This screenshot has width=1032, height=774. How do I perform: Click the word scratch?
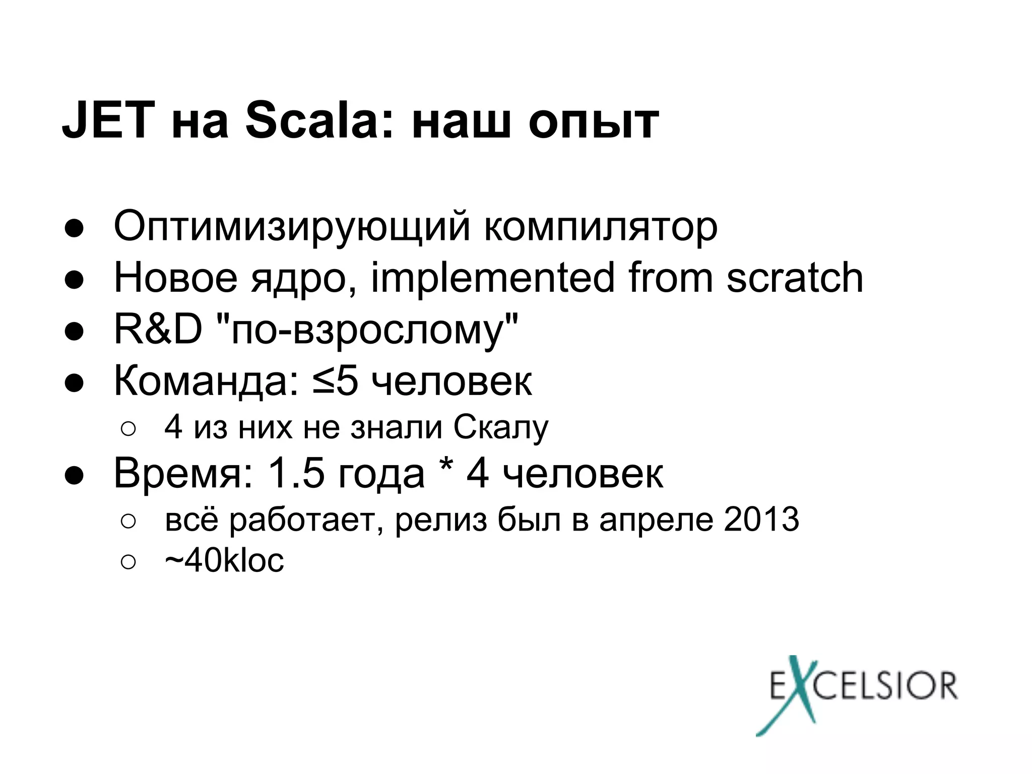coord(795,278)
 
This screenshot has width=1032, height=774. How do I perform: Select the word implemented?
coord(493,278)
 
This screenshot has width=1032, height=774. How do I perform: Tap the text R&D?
coord(158,330)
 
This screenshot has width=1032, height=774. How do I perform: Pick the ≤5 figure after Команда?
coord(335,381)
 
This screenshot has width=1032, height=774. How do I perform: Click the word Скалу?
coord(500,428)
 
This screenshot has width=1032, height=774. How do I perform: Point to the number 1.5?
coord(296,473)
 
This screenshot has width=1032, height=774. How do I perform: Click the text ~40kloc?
coord(224,560)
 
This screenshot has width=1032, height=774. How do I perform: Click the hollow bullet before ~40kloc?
coord(128,562)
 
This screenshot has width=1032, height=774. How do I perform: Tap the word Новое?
coord(175,278)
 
